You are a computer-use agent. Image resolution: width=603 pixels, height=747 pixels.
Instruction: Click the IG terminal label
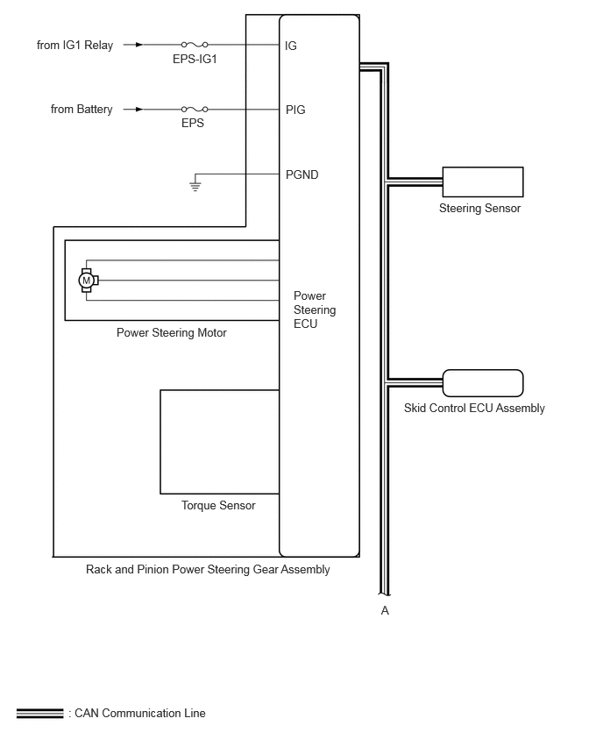[x=291, y=46]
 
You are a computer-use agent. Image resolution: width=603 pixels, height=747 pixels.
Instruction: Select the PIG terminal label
[x=295, y=110]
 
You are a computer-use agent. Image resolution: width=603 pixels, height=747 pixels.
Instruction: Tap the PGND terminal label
[x=301, y=174]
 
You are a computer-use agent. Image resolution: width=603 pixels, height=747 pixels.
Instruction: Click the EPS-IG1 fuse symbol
[x=194, y=44]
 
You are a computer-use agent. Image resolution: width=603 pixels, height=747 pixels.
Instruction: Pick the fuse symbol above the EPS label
[x=194, y=110]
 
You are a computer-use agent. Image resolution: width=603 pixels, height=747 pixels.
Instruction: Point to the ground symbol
[x=195, y=185]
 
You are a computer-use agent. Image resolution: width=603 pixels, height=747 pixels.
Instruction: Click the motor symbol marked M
[x=87, y=280]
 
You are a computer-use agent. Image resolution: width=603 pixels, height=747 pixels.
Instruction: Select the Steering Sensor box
[x=482, y=181]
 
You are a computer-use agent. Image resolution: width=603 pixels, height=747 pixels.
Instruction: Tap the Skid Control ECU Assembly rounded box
[x=482, y=383]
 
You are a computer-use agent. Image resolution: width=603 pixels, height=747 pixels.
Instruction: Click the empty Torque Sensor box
[x=219, y=442]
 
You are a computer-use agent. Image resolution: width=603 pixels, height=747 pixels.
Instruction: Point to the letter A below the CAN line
[x=385, y=610]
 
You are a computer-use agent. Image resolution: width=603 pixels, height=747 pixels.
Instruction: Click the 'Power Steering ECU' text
[x=314, y=309]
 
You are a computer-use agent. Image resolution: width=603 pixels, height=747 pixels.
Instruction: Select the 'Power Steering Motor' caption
[x=172, y=333]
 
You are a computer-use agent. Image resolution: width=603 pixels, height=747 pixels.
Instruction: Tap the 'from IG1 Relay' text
[x=74, y=45]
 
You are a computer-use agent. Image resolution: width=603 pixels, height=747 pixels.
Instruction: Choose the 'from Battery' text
[x=82, y=110]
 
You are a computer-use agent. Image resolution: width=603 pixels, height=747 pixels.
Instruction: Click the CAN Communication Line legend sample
[x=40, y=714]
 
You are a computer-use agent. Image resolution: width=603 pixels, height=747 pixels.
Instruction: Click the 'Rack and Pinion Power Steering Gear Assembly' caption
[x=208, y=570]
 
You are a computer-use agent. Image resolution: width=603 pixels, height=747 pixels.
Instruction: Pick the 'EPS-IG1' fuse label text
[x=194, y=59]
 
